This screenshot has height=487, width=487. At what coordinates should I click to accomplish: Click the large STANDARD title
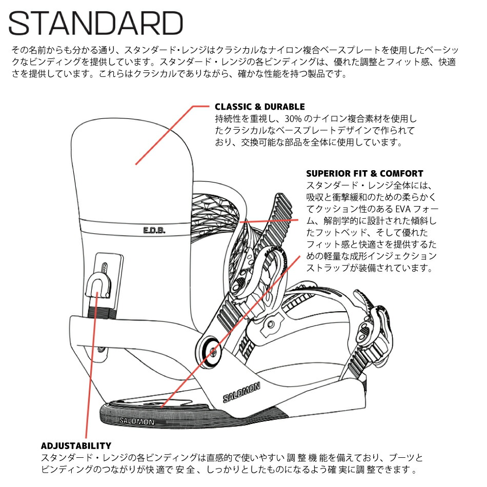tap(96, 24)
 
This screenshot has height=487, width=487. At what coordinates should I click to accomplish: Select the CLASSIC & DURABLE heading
tap(259, 107)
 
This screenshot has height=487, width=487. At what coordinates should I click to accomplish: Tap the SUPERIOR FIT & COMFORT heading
tap(364, 173)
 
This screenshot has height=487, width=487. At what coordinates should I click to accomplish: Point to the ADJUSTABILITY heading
tap(76, 445)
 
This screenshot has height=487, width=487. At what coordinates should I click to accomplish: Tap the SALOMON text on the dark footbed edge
tap(136, 421)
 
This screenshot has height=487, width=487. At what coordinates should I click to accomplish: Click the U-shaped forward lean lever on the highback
tap(98, 283)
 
